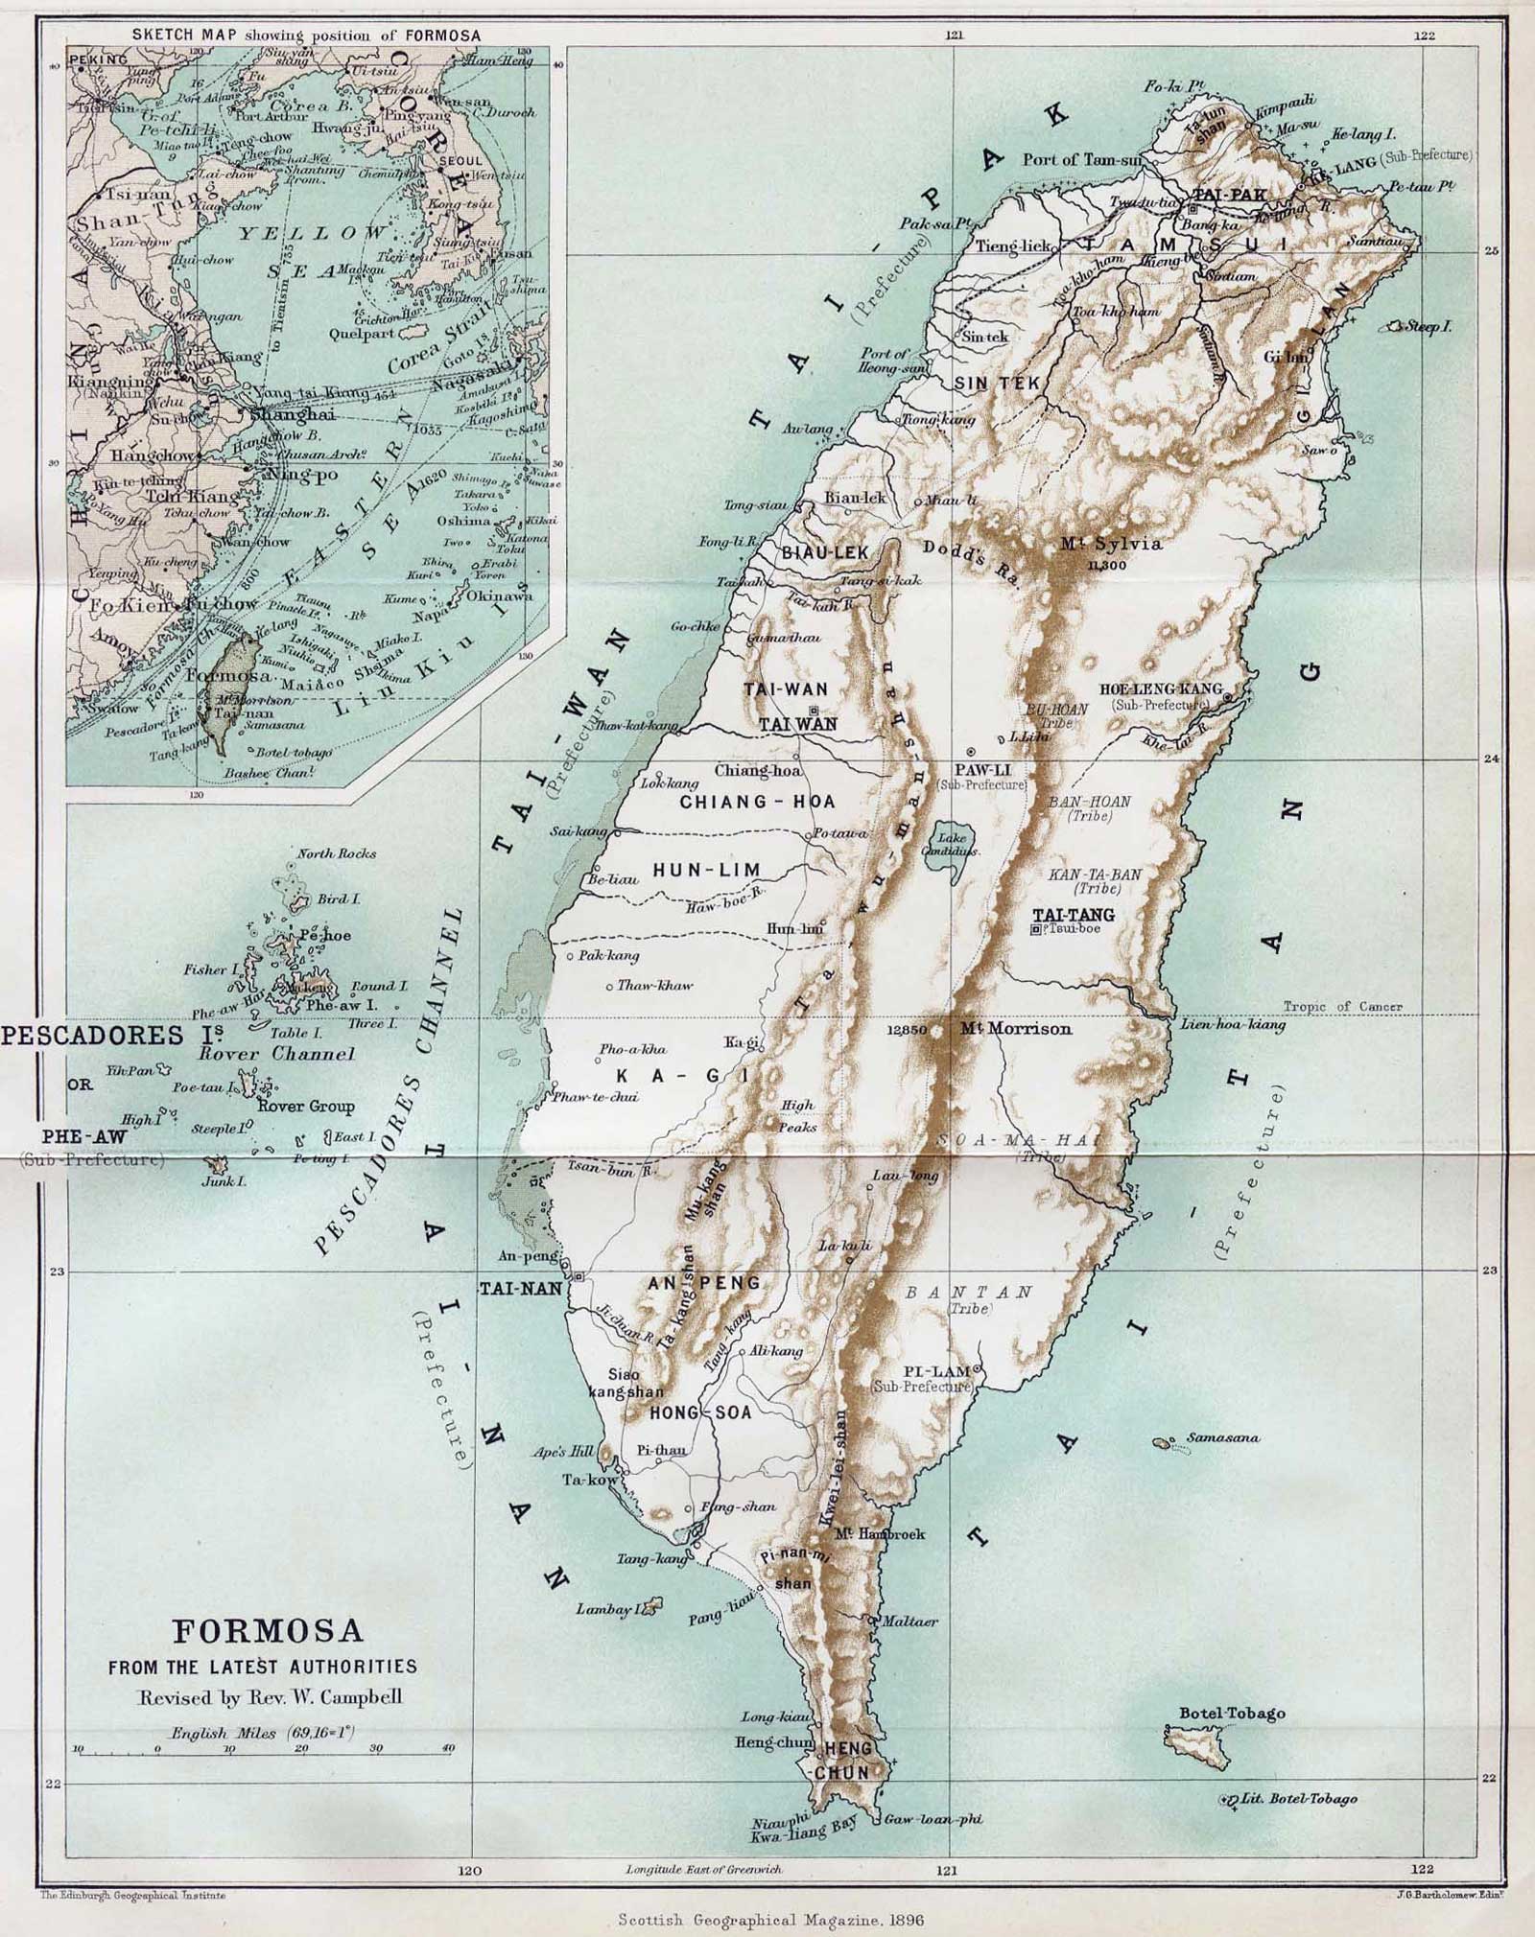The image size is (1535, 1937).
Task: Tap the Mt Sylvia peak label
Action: coord(1111,544)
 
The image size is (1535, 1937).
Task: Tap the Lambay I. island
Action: coord(652,1604)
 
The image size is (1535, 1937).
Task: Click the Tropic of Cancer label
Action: coord(1343,1007)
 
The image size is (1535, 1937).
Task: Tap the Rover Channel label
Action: coord(276,1054)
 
